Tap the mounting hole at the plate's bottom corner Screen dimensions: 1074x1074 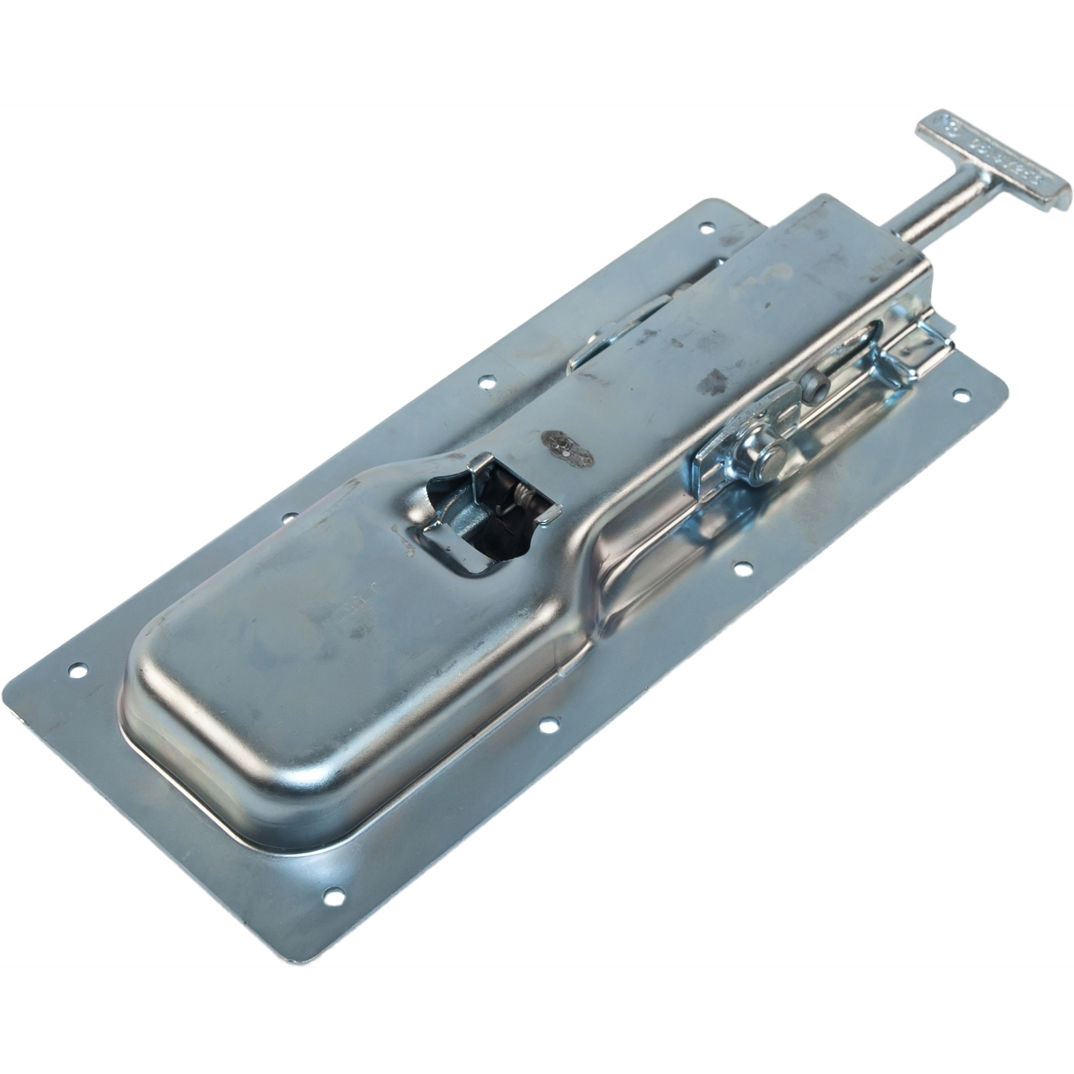click(x=332, y=895)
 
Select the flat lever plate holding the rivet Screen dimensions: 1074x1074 click(x=739, y=445)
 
